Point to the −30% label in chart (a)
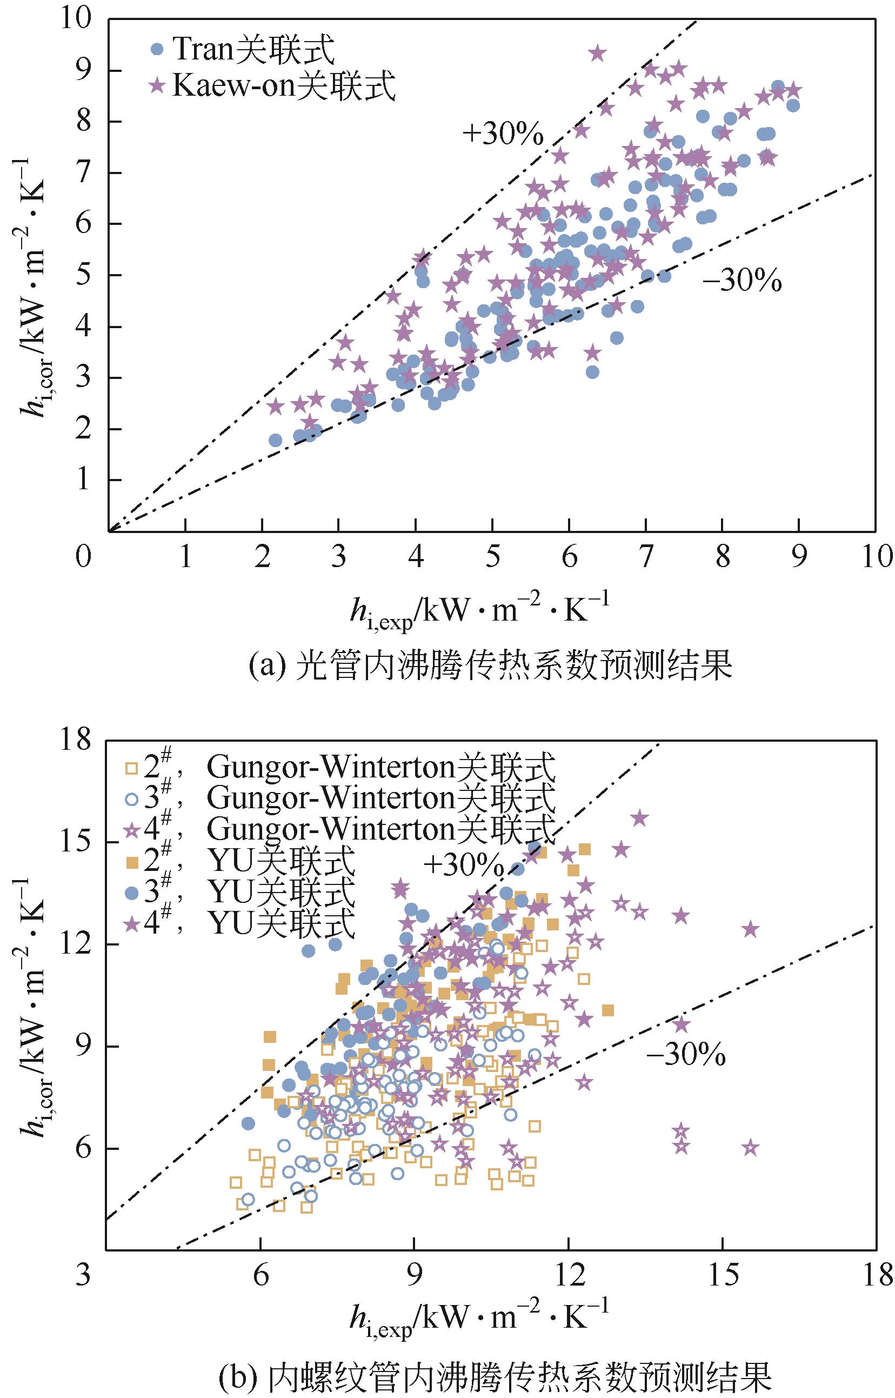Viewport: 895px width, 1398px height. pos(742,282)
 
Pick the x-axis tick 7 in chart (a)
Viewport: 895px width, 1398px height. pos(646,556)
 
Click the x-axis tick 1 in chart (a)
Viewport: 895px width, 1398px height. pos(185,556)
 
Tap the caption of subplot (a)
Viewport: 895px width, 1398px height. pos(490,667)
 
